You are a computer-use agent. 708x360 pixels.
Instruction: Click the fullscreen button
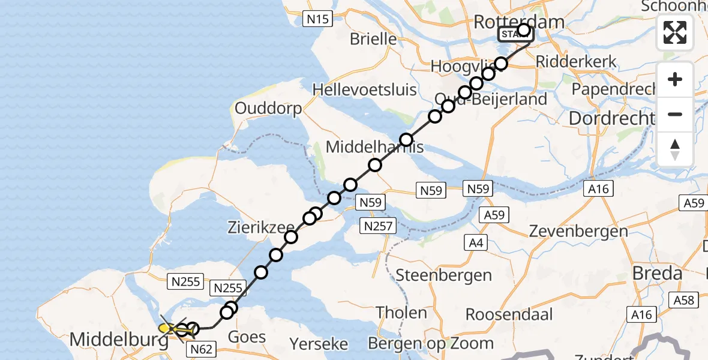675,32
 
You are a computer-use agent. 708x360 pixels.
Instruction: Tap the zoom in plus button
675,79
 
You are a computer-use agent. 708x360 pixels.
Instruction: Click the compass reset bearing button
675,149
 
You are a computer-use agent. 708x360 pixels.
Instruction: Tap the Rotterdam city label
519,22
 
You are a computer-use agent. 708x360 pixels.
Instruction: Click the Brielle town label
373,39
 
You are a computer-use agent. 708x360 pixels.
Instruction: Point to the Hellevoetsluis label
364,90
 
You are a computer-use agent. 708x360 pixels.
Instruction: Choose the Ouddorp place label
268,109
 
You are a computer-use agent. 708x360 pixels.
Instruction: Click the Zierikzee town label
260,229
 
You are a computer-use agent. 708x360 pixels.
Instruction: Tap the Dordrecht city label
611,118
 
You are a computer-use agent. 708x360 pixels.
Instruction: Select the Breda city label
657,274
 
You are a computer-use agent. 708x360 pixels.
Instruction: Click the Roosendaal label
500,314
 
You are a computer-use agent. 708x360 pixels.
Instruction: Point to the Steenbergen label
444,275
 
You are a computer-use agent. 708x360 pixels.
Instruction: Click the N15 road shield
317,19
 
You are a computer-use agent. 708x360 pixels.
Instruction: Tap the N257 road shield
378,226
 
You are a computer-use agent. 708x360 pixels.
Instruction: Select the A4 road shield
476,242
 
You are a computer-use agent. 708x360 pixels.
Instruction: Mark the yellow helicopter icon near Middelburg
169,328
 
